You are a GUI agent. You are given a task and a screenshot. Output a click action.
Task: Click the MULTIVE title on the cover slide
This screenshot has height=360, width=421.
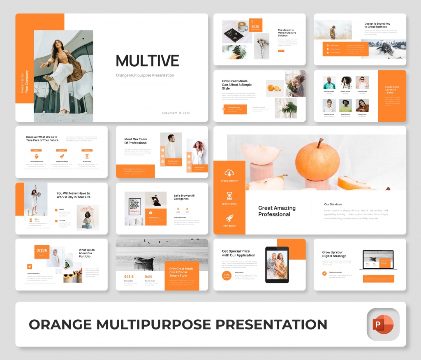click(147, 61)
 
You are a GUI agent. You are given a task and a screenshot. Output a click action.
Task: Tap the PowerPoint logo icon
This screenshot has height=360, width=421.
click(383, 325)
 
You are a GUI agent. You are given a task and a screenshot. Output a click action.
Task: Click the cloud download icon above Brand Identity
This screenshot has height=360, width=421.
click(229, 174)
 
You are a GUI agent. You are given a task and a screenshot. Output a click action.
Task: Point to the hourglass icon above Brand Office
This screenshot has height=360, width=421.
click(229, 196)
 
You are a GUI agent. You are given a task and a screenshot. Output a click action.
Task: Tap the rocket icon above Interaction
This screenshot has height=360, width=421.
click(229, 218)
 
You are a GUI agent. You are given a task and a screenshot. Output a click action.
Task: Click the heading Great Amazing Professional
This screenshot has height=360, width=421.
click(277, 211)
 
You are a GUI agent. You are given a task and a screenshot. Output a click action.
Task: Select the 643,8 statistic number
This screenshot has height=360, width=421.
click(129, 276)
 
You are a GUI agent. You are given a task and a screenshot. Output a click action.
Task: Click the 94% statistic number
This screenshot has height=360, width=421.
click(148, 276)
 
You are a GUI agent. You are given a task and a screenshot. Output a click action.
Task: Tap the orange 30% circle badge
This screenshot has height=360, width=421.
click(227, 275)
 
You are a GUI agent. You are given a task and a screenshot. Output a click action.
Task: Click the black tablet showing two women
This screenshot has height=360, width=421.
click(277, 265)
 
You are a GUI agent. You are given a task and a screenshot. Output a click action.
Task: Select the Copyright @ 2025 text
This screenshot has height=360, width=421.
click(176, 113)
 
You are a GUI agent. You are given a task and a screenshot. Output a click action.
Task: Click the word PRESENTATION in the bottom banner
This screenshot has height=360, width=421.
click(272, 324)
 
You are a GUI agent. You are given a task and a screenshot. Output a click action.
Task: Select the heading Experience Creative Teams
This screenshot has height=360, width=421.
click(392, 90)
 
